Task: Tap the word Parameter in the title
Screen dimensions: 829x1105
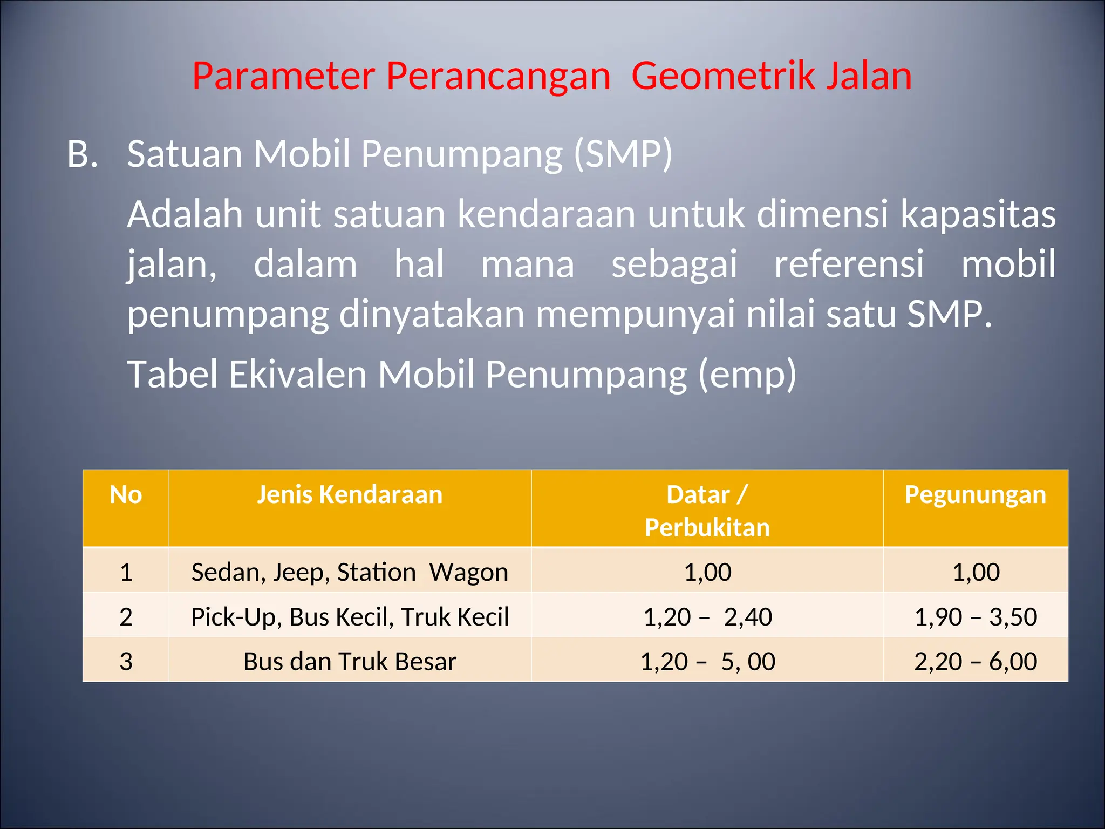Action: (x=283, y=76)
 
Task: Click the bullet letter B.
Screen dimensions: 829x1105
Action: (x=82, y=154)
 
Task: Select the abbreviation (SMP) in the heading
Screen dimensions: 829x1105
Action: (x=623, y=154)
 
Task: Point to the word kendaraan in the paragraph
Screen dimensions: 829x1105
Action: (x=547, y=214)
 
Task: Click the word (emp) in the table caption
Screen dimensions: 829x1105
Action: (x=747, y=374)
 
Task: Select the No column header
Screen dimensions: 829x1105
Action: (x=126, y=495)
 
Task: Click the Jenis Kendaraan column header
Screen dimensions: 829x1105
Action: (x=350, y=495)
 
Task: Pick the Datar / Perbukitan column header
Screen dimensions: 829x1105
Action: (x=707, y=511)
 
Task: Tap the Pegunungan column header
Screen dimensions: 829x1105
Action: (x=976, y=495)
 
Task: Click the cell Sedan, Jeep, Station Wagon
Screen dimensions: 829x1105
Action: (x=350, y=572)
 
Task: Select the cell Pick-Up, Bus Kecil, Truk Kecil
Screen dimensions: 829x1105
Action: (x=350, y=617)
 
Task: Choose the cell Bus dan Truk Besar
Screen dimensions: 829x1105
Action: (x=350, y=662)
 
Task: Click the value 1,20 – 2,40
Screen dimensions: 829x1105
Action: (x=707, y=617)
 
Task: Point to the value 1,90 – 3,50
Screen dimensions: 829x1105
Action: (x=976, y=617)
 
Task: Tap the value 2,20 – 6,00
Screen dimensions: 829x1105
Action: (x=976, y=662)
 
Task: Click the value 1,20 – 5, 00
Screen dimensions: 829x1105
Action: (x=707, y=662)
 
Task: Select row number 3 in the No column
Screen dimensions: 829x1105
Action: (x=126, y=662)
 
